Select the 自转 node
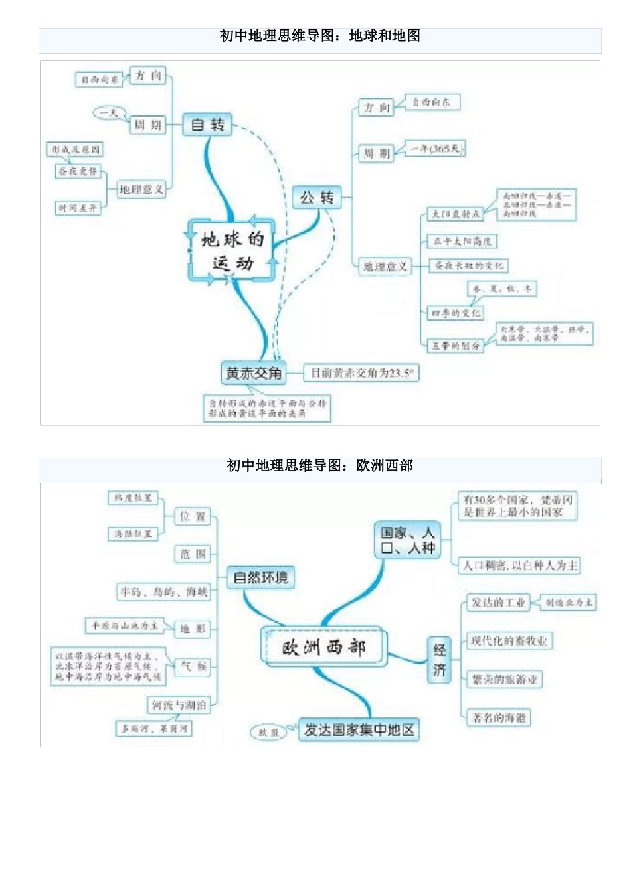click(x=207, y=125)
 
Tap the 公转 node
click(x=317, y=197)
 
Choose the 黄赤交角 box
click(x=254, y=374)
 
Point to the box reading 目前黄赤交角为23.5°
click(x=361, y=373)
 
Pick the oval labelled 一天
click(x=108, y=113)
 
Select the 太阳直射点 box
click(x=456, y=214)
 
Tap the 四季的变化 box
click(x=455, y=313)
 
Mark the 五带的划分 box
click(x=456, y=346)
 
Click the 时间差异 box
click(x=78, y=208)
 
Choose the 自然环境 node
click(x=261, y=577)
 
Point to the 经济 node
click(x=439, y=660)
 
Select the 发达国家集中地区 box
click(x=359, y=730)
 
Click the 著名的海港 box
click(x=499, y=717)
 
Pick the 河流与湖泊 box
click(x=179, y=705)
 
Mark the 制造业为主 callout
click(x=569, y=603)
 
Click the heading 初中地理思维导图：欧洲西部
click(x=319, y=466)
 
